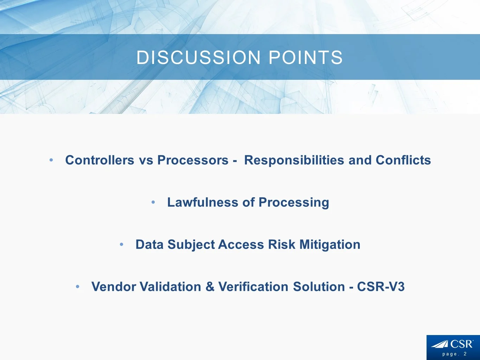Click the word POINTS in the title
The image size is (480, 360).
(x=306, y=58)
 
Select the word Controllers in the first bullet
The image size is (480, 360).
(x=100, y=160)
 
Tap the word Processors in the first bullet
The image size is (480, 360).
(x=193, y=160)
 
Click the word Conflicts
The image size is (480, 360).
(x=403, y=160)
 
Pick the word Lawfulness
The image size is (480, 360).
(x=203, y=202)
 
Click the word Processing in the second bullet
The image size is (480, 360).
(x=294, y=202)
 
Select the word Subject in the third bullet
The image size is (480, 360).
(x=191, y=245)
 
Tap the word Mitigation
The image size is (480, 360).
(x=330, y=245)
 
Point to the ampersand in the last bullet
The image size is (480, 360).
(x=210, y=287)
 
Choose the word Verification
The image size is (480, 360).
(x=253, y=287)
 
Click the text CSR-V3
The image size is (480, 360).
(x=381, y=287)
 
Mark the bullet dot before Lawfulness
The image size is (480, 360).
(x=153, y=202)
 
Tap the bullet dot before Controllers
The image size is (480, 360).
(x=51, y=160)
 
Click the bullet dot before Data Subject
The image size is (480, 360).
(x=122, y=245)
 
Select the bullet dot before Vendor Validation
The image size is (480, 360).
(x=77, y=287)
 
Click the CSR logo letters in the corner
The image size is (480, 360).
(x=461, y=344)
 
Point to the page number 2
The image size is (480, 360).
(x=465, y=354)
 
